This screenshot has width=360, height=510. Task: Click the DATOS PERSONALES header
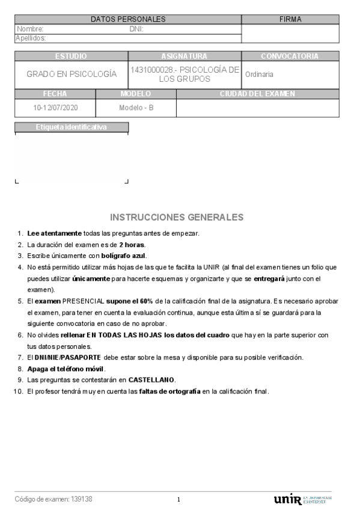pyautogui.click(x=128, y=19)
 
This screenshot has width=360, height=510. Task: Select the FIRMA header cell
pyautogui.click(x=290, y=19)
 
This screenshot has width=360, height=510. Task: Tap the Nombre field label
pyautogui.click(x=30, y=29)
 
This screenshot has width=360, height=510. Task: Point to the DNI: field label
pyautogui.click(x=136, y=29)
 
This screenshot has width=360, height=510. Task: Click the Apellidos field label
pyautogui.click(x=31, y=38)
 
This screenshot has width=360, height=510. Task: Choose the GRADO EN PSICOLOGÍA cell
pyautogui.click(x=72, y=75)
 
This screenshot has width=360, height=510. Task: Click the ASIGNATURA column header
pyautogui.click(x=185, y=56)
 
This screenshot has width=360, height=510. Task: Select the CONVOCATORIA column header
pyautogui.click(x=290, y=56)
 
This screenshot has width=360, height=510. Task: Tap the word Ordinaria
pyautogui.click(x=259, y=75)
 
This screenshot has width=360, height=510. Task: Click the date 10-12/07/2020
pyautogui.click(x=55, y=108)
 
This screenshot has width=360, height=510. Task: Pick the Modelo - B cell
pyautogui.click(x=136, y=108)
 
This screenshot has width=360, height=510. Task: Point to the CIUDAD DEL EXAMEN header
pyautogui.click(x=257, y=94)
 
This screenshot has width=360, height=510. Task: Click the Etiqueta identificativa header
pyautogui.click(x=72, y=127)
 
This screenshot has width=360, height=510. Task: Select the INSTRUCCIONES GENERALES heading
pyautogui.click(x=177, y=217)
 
